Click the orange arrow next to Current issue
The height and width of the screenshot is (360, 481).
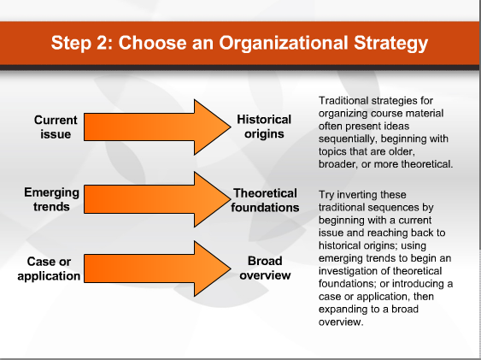pyautogui.click(x=157, y=127)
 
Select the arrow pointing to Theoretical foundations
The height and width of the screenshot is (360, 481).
pyautogui.click(x=157, y=199)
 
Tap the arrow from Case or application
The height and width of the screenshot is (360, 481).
pyautogui.click(x=157, y=269)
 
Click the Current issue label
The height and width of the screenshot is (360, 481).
pyautogui.click(x=56, y=127)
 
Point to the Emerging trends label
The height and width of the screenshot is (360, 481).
pyautogui.click(x=51, y=199)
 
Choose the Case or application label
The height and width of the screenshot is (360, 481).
pyautogui.click(x=49, y=269)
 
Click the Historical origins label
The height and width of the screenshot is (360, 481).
pyautogui.click(x=264, y=127)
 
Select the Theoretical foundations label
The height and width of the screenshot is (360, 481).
pyautogui.click(x=265, y=200)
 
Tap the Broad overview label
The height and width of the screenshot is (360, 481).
pyautogui.click(x=265, y=268)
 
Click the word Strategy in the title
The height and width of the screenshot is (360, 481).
pyautogui.click(x=390, y=43)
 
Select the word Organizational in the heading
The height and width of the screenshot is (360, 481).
pyautogui.click(x=284, y=43)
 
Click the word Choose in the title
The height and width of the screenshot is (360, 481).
pyautogui.click(x=152, y=43)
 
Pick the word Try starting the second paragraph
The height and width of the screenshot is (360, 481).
pyautogui.click(x=326, y=195)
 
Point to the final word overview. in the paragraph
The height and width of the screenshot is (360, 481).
pyautogui.click(x=341, y=322)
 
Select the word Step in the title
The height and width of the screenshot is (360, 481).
pyautogui.click(x=71, y=43)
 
